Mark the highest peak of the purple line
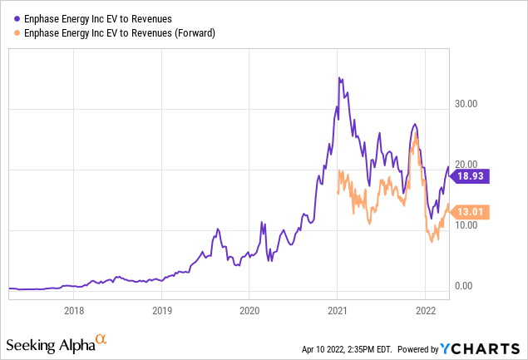pyautogui.click(x=338, y=77)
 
